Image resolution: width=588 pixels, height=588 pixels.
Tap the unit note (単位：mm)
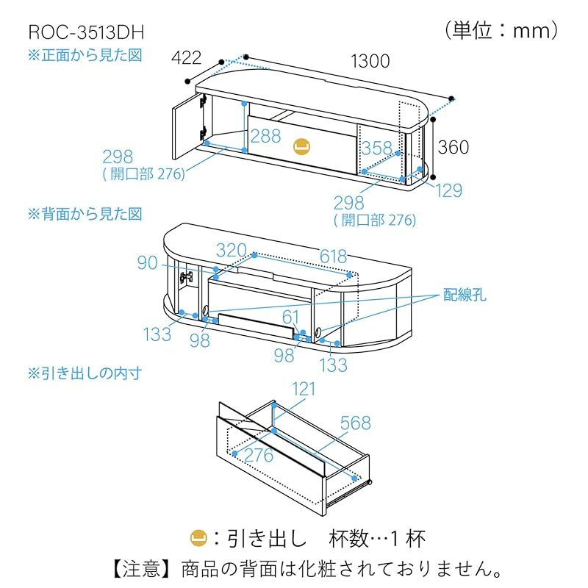pos(503,30)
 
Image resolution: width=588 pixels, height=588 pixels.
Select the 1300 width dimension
pos(370,61)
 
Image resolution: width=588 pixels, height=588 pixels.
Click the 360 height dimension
pos(453,147)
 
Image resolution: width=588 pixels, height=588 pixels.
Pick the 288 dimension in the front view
pos(265,135)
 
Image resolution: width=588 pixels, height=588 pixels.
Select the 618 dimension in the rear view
pos(333,256)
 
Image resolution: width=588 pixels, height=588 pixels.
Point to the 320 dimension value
pos(231,250)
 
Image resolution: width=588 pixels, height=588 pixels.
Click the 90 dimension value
pos(147,262)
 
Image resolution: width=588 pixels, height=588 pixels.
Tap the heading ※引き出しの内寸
pos(85,373)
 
